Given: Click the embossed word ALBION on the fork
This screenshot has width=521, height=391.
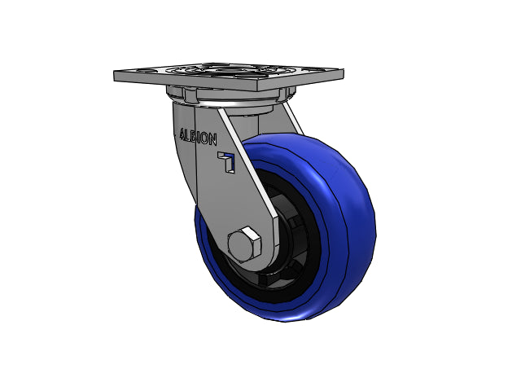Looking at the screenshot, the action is click(198, 136).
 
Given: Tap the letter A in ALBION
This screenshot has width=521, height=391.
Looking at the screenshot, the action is click(182, 134).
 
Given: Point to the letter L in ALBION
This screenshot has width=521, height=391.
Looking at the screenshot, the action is click(188, 134).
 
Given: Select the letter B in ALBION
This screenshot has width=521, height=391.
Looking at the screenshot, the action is click(194, 136).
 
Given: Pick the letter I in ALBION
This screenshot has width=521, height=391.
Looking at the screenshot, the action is click(199, 137).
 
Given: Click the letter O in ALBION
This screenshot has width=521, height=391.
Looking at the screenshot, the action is click(204, 138).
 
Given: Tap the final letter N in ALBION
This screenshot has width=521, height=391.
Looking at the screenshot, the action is click(212, 139).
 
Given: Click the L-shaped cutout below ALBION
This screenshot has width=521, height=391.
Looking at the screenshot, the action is click(227, 162).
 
